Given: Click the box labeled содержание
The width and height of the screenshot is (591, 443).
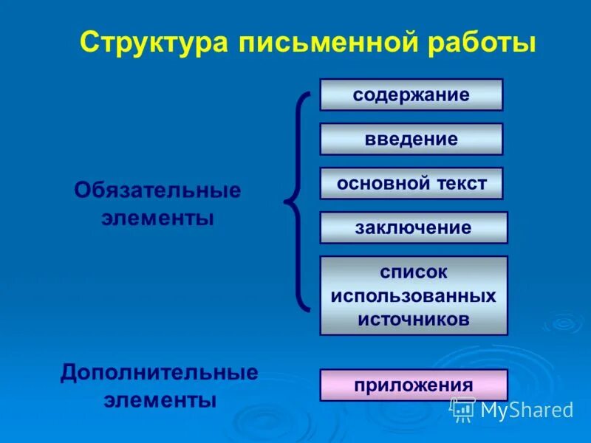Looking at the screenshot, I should tap(411, 95).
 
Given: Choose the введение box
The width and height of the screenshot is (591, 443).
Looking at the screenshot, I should tap(411, 140).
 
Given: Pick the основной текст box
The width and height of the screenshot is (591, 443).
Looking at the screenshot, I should tap(411, 184).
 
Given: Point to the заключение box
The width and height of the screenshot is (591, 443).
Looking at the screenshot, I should tap(413, 228).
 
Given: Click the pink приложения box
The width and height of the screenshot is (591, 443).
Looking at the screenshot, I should tap(413, 385).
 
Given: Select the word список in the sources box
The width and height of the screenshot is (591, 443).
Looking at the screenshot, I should tap(414, 272).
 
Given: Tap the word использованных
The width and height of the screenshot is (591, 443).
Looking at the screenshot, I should tap(414, 295).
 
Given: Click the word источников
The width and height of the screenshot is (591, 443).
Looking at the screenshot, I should tap(414, 319).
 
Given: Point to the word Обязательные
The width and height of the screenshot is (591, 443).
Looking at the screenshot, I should tap(157, 190).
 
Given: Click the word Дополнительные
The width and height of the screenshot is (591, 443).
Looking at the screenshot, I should tap(160, 371).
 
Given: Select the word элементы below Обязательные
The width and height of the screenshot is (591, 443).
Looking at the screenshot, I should tap(157, 219).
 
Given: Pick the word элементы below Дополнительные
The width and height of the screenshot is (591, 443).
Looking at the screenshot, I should tap(160, 401).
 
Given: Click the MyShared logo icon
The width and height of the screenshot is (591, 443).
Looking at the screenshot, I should tap(463, 408).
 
